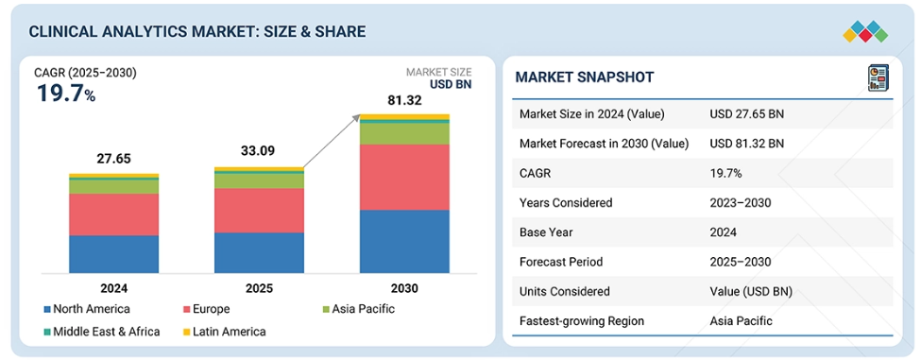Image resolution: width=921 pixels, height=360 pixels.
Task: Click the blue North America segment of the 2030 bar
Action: pos(404,241)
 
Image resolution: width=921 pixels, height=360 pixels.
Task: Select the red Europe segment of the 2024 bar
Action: pos(114,214)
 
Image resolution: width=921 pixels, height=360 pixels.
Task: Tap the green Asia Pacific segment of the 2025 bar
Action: pos(259,180)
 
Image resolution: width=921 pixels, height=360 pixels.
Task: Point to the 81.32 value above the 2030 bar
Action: pos(404,101)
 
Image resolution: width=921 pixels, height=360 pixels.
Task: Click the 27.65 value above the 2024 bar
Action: pos(114,159)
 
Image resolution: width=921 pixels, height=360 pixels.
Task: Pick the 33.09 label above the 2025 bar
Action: pos(257,151)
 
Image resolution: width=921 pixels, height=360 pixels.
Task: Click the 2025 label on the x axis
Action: pos(259,288)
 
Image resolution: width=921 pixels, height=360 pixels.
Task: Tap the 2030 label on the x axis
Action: pos(404,288)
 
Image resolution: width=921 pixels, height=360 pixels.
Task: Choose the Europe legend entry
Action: pos(206,309)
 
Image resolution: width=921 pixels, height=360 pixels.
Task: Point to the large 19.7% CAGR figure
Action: pos(66,94)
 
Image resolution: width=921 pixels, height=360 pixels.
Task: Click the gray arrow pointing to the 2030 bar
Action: pos(332,141)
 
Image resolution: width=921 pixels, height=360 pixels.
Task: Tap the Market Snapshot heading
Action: pos(585,77)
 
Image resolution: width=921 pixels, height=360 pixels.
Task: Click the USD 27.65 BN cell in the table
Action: pos(746,114)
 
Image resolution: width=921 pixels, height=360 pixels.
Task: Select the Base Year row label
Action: pos(546,232)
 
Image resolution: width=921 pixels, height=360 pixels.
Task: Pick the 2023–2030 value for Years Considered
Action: pos(740,202)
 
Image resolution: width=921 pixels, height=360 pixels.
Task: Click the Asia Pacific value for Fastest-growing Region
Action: pos(741,320)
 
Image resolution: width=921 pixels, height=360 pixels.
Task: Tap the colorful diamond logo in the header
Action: pos(865,32)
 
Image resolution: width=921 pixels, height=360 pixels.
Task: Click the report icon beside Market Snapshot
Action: pos(878,78)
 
